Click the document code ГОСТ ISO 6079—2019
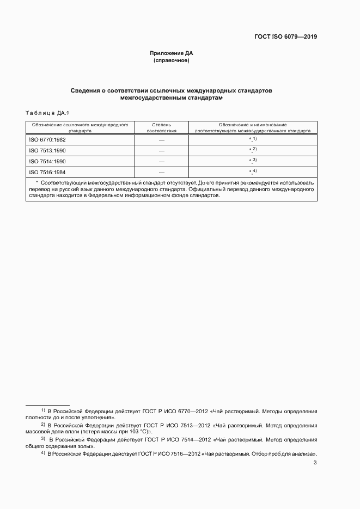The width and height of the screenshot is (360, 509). [285, 37]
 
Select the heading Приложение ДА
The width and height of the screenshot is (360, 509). [172, 53]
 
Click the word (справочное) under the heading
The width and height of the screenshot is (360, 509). [172, 60]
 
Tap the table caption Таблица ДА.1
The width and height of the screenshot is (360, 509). [46, 113]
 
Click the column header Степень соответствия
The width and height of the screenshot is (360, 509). [161, 128]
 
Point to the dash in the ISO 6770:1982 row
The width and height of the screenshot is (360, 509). [161, 140]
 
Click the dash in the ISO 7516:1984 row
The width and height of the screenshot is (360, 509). [161, 173]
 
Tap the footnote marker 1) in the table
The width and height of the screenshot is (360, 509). [254, 139]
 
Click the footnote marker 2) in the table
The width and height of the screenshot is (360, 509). [254, 149]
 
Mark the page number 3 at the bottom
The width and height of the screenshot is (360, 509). [315, 463]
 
